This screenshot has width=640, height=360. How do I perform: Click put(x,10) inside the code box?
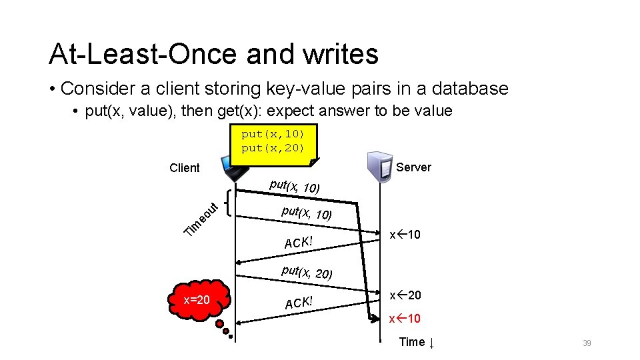[273, 134]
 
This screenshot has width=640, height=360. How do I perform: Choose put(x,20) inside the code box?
[273, 147]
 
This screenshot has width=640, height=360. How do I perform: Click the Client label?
[185, 168]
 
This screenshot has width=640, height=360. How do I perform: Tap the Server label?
[413, 167]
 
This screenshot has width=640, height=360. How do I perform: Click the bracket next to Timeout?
[230, 201]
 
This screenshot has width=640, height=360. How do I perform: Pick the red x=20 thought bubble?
[197, 300]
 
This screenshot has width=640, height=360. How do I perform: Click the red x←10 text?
[405, 319]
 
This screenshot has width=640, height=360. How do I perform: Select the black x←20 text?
[405, 295]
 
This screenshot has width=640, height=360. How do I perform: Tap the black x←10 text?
[405, 235]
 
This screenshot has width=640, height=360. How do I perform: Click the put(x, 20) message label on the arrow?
[307, 272]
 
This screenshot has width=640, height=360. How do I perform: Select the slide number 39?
[587, 343]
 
